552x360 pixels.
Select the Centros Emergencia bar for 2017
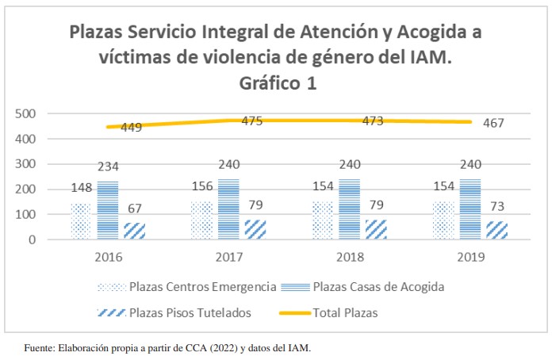pos(201,220)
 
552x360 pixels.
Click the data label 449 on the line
pos(132,127)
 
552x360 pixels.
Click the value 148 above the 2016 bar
pos(81,189)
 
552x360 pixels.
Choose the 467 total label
pos(493,123)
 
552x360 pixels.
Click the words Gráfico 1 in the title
pos(274,83)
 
